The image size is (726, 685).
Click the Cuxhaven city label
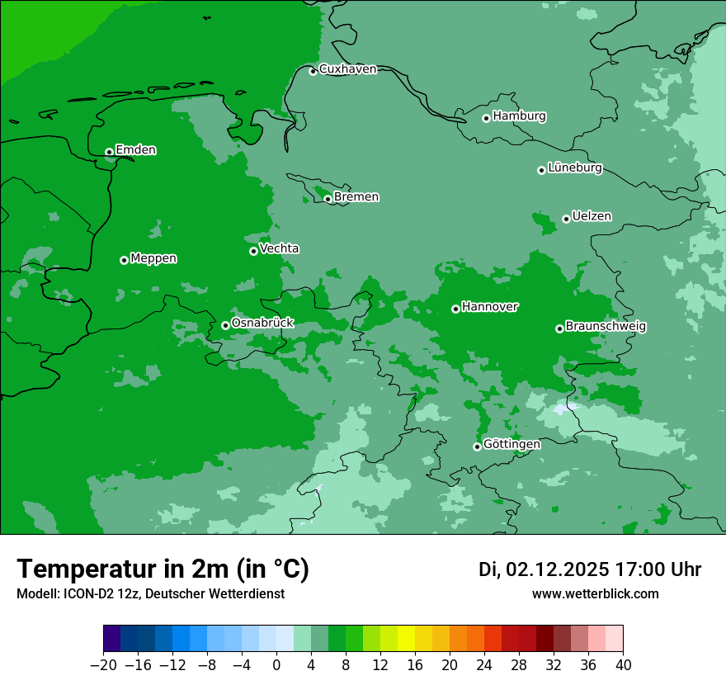coord(347,69)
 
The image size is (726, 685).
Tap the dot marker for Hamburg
coord(486,118)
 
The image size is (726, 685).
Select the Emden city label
coord(135,150)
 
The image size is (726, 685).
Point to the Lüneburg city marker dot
coord(541,170)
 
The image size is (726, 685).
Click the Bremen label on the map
coord(356,197)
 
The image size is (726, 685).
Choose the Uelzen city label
coord(592,217)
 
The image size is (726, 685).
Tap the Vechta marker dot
coord(253,251)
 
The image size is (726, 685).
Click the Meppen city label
coord(153,259)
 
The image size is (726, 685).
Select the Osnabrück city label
coord(262,324)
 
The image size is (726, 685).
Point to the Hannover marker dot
coord(455,309)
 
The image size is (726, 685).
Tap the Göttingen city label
coord(511,445)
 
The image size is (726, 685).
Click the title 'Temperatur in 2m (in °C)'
coord(163,569)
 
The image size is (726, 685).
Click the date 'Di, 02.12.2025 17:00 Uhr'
coord(590,569)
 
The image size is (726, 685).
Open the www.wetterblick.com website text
coord(595,594)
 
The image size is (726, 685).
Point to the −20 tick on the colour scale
coord(103,665)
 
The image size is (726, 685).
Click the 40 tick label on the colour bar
coord(623,665)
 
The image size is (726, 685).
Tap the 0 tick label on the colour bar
coord(276,665)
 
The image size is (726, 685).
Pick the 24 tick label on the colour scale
coord(484,665)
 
